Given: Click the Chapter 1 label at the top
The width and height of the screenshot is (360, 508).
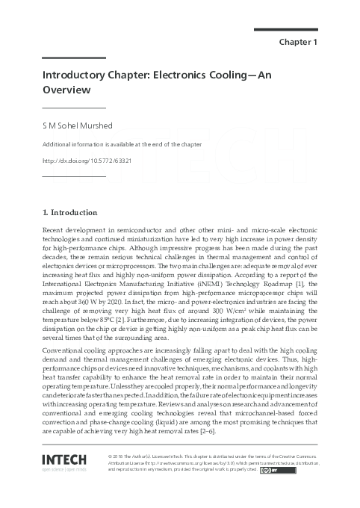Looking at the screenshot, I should [298, 42].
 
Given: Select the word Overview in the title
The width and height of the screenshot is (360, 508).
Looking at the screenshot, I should [66, 90].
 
